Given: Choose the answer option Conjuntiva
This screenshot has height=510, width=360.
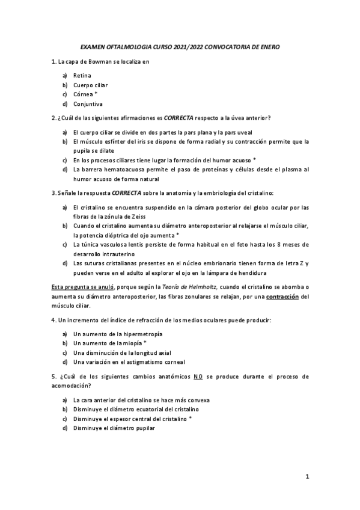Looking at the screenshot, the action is [x=87, y=103].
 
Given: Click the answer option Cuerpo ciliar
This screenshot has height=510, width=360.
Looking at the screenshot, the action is [x=90, y=85].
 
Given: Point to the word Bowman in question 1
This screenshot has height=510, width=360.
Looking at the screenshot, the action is [x=97, y=61].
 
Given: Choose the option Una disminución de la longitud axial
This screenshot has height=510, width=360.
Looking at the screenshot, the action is [x=118, y=353].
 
